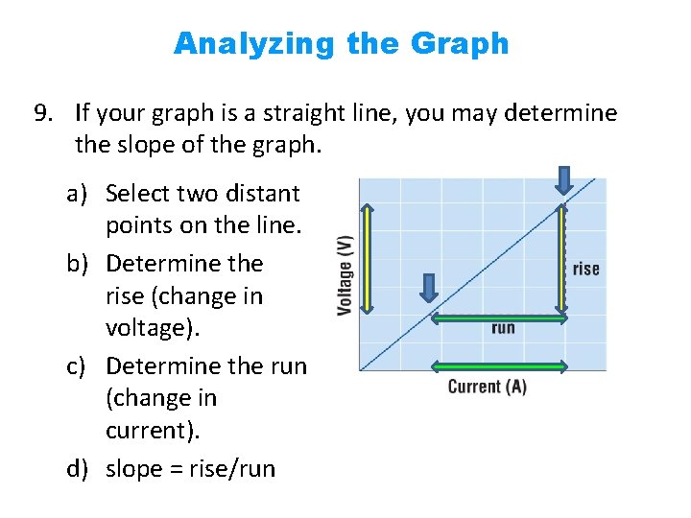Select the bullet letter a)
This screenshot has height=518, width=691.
tap(79, 194)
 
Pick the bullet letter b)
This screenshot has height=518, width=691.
tap(79, 263)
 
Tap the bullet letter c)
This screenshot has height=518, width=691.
tap(79, 365)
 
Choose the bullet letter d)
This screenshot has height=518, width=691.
tap(79, 469)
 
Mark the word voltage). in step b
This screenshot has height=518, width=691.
tap(154, 328)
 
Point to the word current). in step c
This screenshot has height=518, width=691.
tap(154, 431)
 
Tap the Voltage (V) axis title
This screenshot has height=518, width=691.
tap(345, 275)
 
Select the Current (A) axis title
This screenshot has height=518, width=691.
tap(488, 388)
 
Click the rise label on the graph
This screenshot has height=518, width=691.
tap(585, 270)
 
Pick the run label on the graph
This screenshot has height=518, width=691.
tap(503, 328)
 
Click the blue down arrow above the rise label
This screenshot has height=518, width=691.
tap(563, 179)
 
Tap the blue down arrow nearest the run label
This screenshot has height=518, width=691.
tap(429, 287)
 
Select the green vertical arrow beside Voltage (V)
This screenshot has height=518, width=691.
tap(366, 247)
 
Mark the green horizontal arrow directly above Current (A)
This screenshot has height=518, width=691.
tap(498, 365)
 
